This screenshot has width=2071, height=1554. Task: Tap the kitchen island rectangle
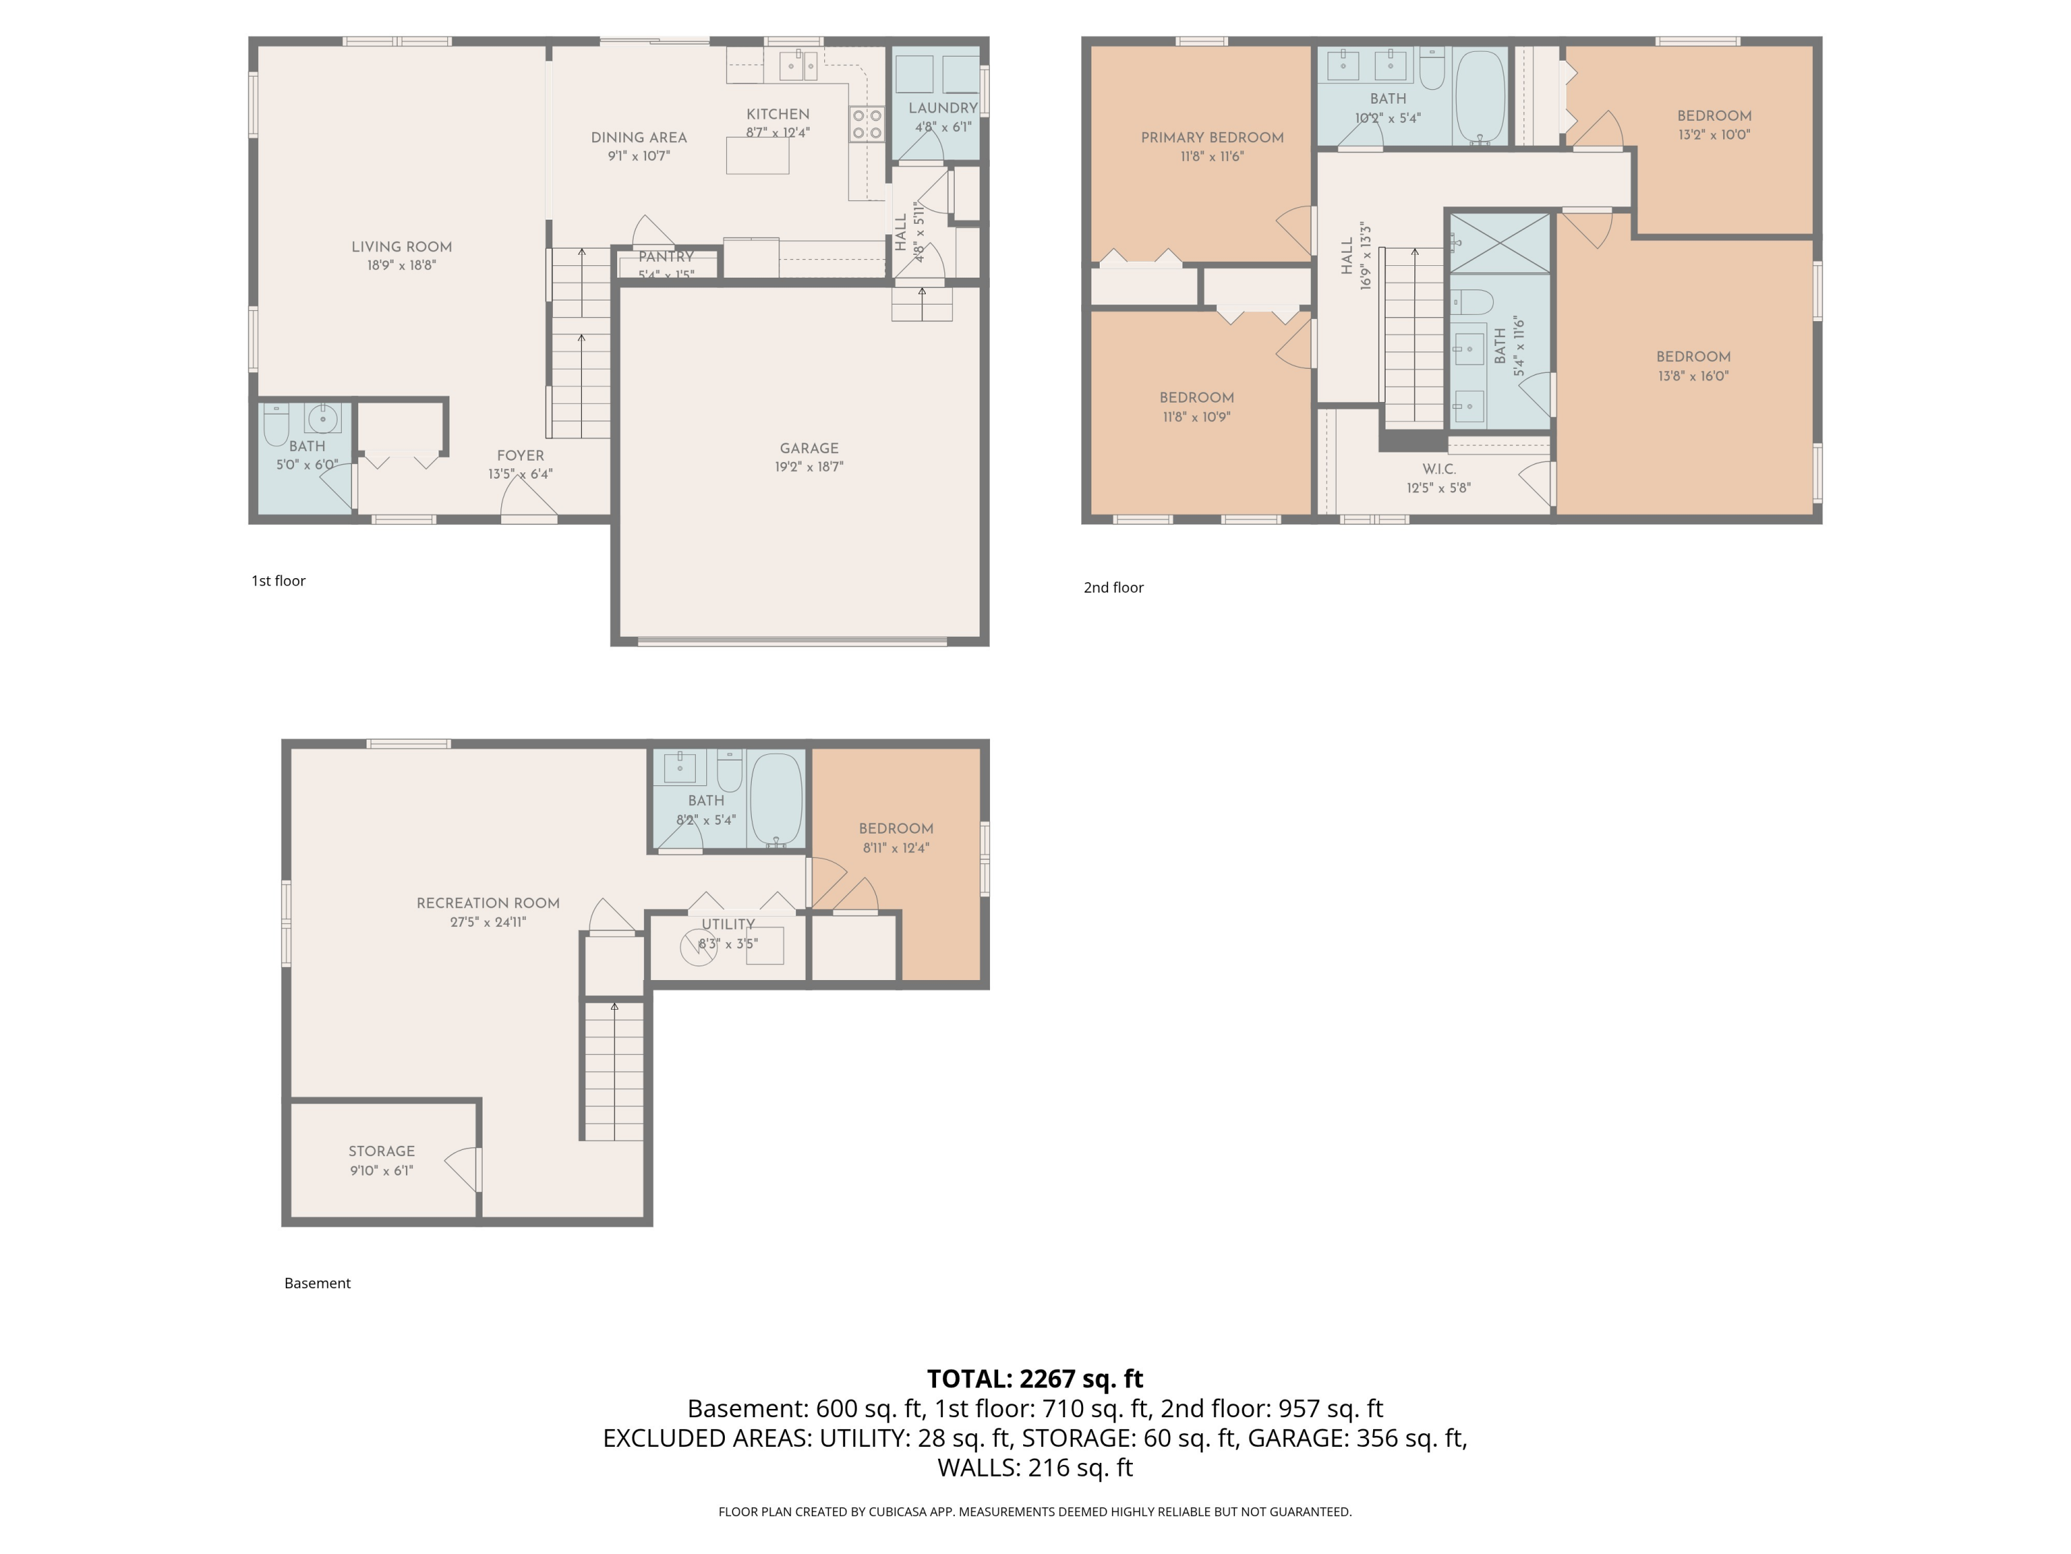click(x=757, y=155)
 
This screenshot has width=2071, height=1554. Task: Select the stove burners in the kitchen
click(x=866, y=124)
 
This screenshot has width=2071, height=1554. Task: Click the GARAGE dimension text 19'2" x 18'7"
click(x=809, y=466)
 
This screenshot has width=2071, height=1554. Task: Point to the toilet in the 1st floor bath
click(x=276, y=425)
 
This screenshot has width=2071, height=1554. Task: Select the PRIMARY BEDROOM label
click(x=1212, y=137)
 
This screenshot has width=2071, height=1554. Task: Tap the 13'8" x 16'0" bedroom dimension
click(x=1693, y=376)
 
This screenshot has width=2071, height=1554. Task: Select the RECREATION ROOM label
click(x=488, y=903)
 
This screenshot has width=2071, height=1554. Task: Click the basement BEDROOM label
click(x=896, y=828)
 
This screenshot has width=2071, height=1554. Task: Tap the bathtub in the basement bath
click(x=776, y=799)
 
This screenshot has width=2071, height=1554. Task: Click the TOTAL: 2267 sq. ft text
click(x=1035, y=1379)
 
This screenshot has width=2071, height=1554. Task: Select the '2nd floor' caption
click(x=1114, y=587)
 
